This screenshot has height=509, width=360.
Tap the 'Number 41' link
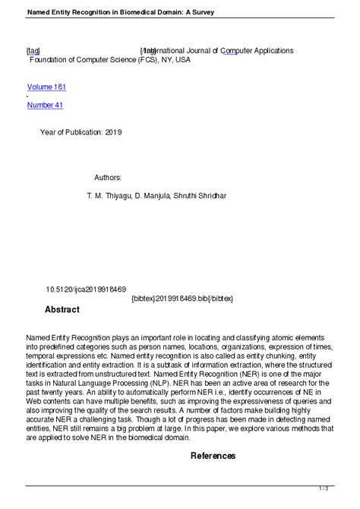pyautogui.click(x=45, y=106)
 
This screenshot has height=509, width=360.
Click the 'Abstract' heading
pyautogui.click(x=62, y=310)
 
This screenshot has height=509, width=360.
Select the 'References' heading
pyautogui.click(x=213, y=456)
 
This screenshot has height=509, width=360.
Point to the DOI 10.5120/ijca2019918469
pyautogui.click(x=86, y=289)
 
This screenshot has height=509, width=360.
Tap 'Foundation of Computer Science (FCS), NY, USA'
pyautogui.click(x=109, y=60)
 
